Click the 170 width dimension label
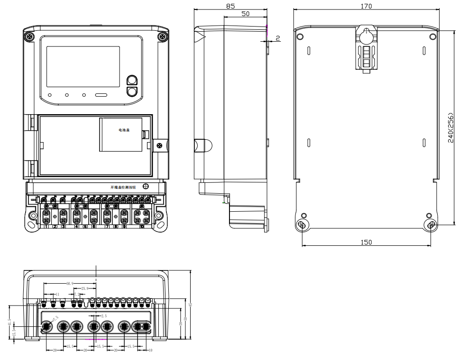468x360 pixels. point(366,6)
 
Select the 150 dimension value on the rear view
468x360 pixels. point(366,242)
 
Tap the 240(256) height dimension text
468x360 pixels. point(451,127)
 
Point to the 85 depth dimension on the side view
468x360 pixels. point(230,6)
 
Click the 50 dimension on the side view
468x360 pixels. point(245,14)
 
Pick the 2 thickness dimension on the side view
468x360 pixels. point(278,37)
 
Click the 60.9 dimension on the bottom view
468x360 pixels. point(70,283)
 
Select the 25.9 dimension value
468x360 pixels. point(85,288)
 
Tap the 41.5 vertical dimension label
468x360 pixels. point(9,322)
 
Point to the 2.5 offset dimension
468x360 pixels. point(104,315)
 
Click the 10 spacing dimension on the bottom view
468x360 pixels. point(150,351)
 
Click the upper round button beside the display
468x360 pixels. point(132,80)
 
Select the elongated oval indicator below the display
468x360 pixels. point(101,95)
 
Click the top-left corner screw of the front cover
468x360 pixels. point(30,36)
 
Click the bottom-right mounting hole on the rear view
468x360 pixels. point(431,225)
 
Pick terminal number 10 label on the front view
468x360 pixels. point(142,227)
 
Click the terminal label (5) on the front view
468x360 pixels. point(85,227)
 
